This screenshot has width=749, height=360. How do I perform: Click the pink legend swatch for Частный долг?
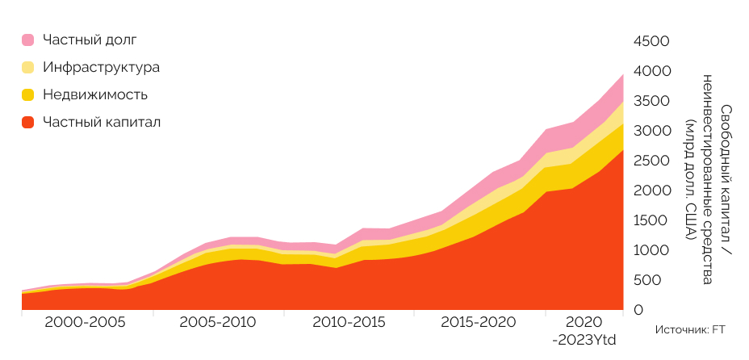(28, 40)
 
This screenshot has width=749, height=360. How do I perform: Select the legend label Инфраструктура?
(101, 67)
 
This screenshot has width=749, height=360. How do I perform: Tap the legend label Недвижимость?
(95, 94)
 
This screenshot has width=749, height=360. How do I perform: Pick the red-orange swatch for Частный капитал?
(28, 122)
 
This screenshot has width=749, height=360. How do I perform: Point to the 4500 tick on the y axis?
(651, 41)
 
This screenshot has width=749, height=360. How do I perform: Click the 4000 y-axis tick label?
(652, 71)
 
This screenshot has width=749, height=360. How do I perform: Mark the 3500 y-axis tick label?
(652, 101)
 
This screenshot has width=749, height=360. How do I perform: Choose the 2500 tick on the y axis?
(652, 161)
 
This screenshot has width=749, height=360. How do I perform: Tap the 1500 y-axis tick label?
(652, 220)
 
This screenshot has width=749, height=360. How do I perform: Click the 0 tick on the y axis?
(638, 310)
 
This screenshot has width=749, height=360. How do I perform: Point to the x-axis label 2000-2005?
(85, 322)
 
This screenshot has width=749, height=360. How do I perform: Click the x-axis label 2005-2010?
(218, 322)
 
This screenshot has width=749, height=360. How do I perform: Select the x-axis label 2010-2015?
(349, 322)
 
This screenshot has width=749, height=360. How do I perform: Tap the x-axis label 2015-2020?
(479, 322)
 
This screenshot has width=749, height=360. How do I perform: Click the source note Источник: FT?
(690, 329)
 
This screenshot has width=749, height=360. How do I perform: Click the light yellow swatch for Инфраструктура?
(28, 67)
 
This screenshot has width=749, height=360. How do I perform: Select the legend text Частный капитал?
(102, 122)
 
